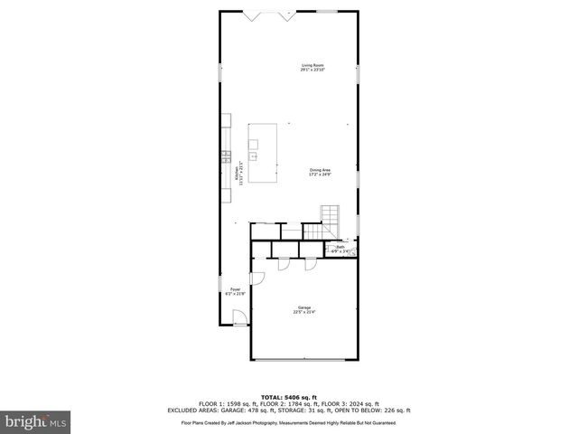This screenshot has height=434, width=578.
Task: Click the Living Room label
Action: (312, 64)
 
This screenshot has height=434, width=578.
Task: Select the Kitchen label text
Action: (237, 171)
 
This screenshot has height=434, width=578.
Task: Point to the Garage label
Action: (303, 307)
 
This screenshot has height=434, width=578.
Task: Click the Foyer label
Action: (235, 289)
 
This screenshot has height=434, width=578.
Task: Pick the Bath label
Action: (340, 246)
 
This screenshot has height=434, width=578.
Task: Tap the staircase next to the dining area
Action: (332, 217)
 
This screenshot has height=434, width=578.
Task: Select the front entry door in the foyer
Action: (240, 317)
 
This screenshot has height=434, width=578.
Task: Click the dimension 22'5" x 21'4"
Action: (303, 313)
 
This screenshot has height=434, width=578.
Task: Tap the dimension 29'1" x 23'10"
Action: (312, 70)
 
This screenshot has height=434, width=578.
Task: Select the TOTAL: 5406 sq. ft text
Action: (288, 397)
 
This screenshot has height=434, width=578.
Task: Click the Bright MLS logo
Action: (35, 421)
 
